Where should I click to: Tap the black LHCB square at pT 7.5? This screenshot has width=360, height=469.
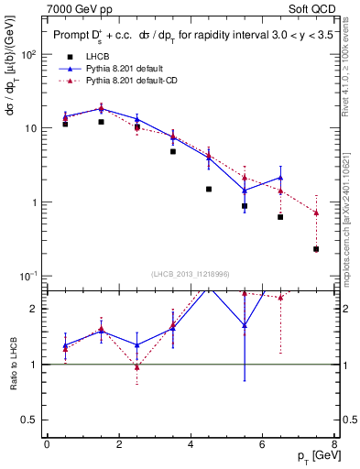(x=316, y=248)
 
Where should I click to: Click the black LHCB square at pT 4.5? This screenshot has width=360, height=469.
(x=209, y=189)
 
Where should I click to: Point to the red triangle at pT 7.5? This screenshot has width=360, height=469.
(x=316, y=213)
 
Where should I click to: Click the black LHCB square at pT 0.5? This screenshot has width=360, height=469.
(x=65, y=124)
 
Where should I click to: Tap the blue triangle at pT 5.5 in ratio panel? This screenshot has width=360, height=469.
(x=245, y=325)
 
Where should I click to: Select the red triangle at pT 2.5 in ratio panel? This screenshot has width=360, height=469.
(x=136, y=367)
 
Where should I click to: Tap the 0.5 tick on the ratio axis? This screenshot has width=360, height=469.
(x=36, y=420)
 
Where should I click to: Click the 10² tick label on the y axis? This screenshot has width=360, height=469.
(x=29, y=54)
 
